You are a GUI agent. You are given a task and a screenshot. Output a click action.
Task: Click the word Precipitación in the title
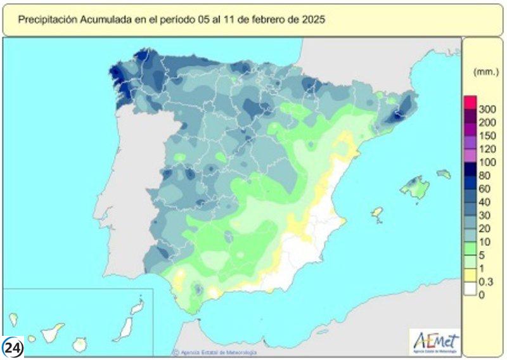[x=47, y=20]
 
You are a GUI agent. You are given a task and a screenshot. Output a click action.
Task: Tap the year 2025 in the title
[x=313, y=20]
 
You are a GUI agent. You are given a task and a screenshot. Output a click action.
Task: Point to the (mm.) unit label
[x=484, y=73]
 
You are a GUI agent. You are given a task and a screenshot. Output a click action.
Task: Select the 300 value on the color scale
[x=487, y=110]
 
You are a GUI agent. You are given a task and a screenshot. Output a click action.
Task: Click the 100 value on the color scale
[x=487, y=162]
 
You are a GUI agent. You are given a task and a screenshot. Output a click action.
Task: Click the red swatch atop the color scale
[x=470, y=103]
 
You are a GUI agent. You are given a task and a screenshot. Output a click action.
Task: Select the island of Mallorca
[x=415, y=187]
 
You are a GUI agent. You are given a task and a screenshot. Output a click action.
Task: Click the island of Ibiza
[x=378, y=214]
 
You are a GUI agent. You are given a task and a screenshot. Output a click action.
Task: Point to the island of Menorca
[x=444, y=174]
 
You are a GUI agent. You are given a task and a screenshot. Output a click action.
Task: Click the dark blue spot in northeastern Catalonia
[x=397, y=115]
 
